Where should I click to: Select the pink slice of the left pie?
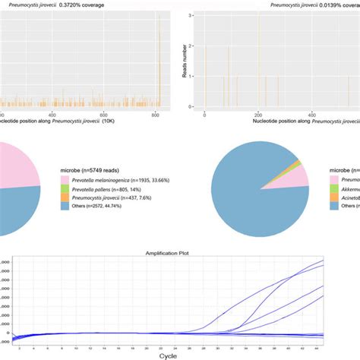pos(19,162)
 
